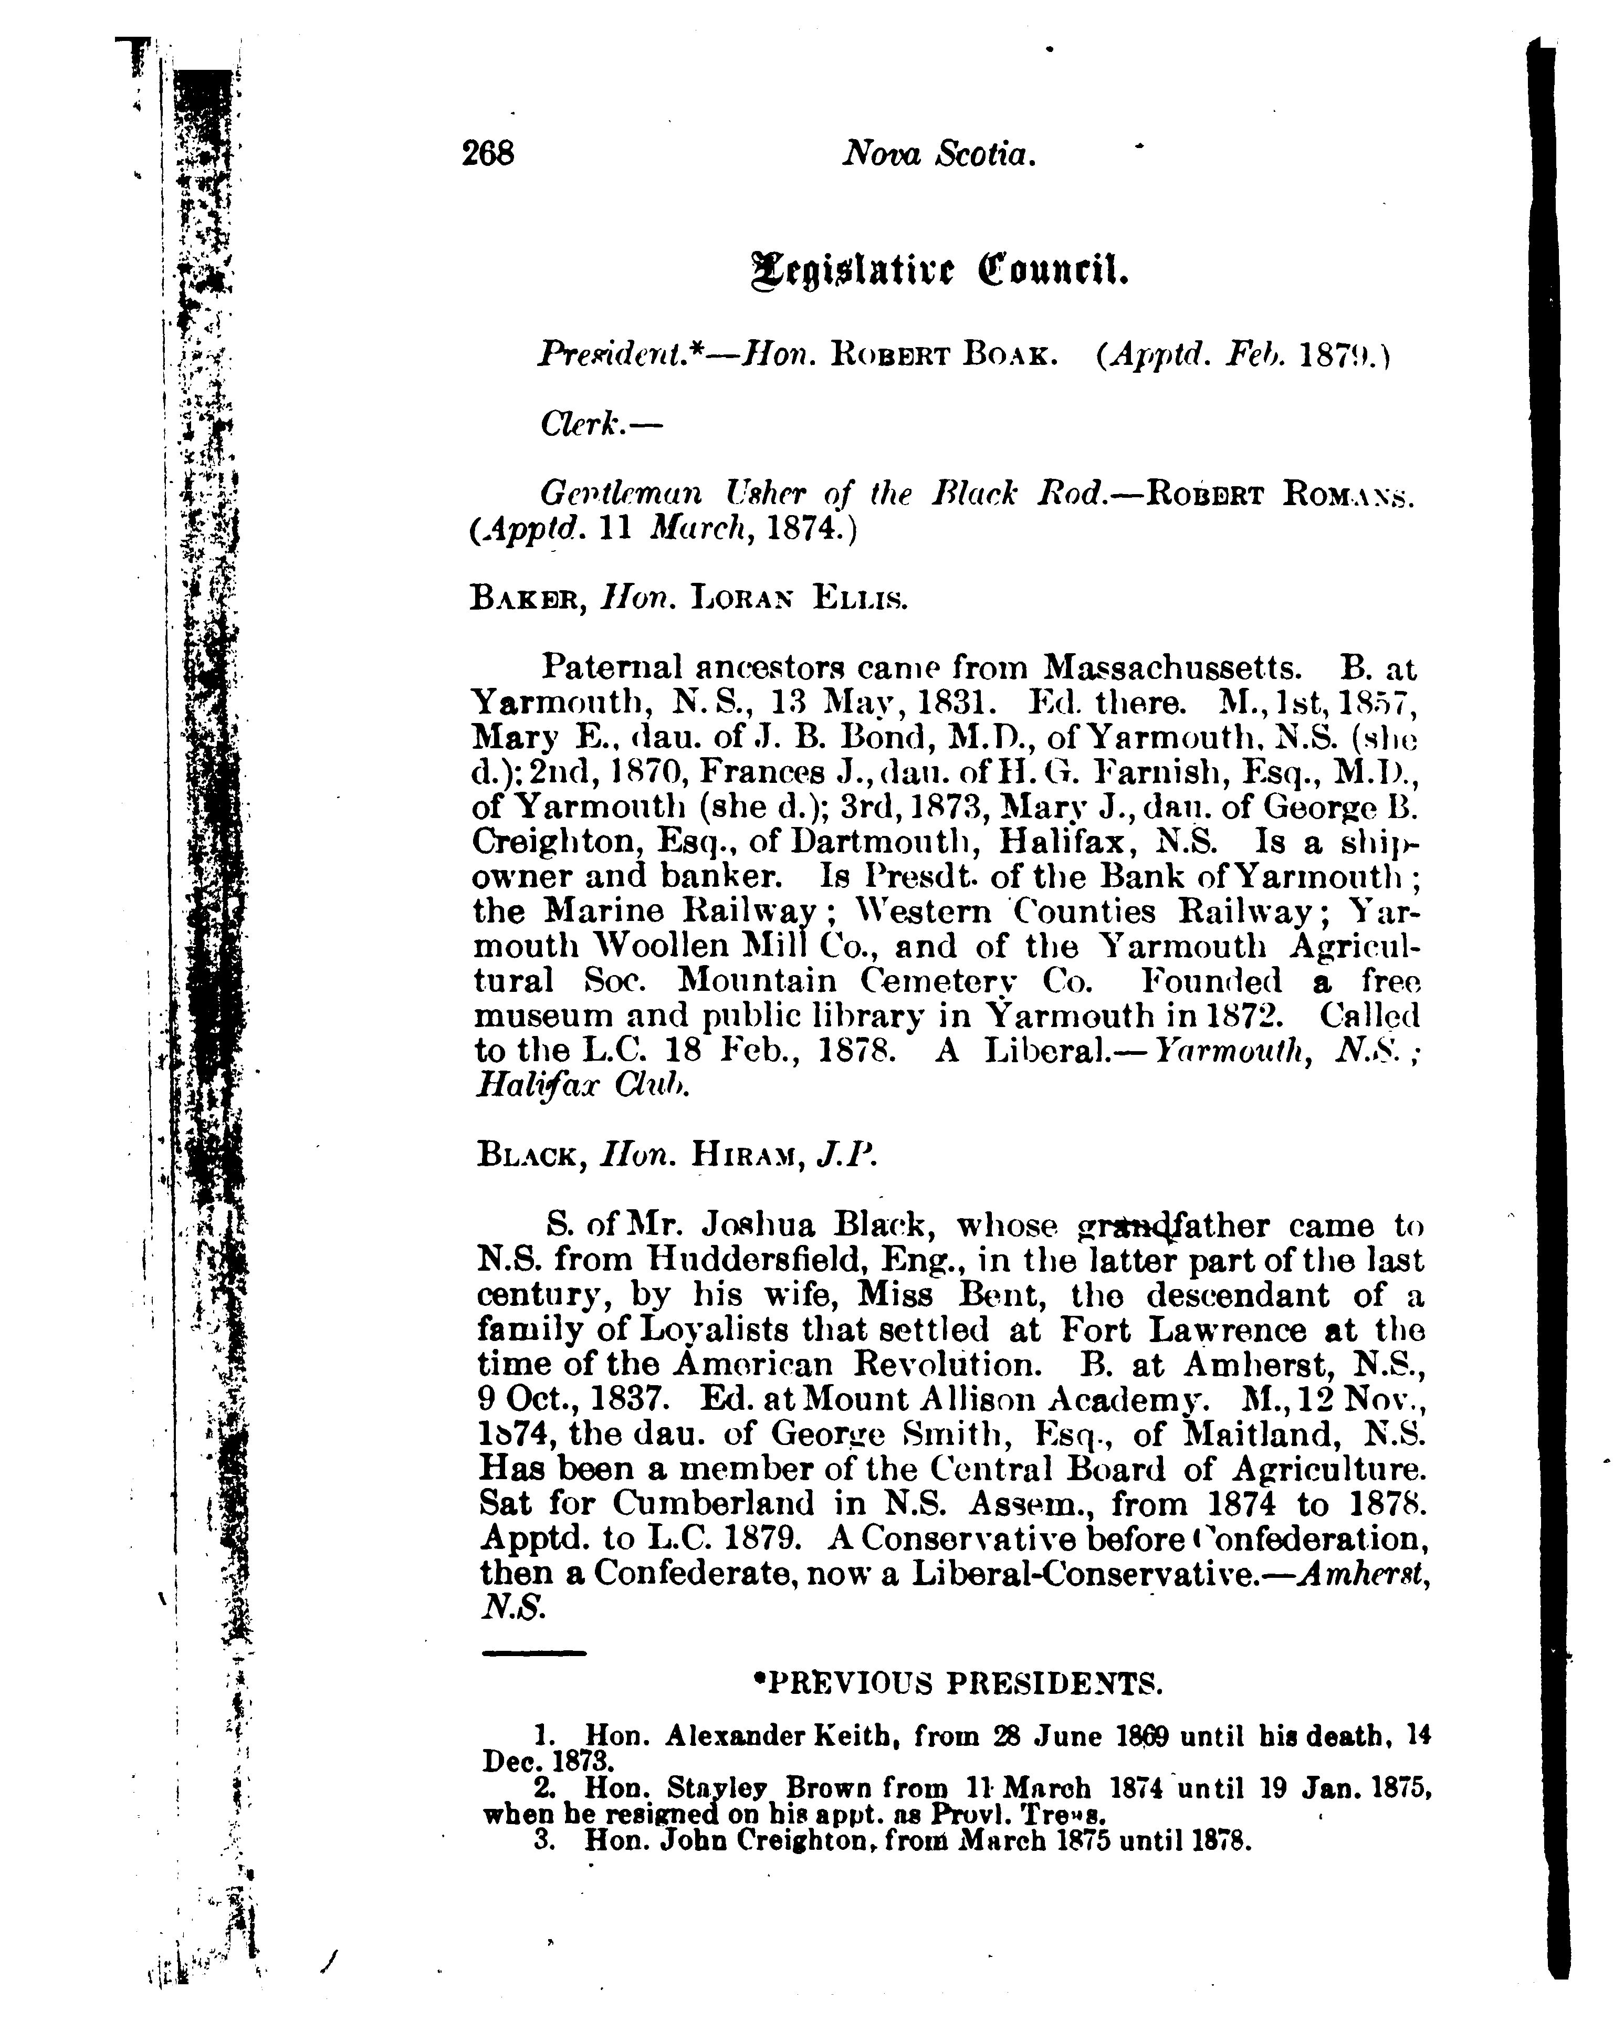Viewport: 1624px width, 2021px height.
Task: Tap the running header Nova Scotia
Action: [938, 153]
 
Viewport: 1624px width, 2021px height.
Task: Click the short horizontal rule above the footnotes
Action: [533, 1652]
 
